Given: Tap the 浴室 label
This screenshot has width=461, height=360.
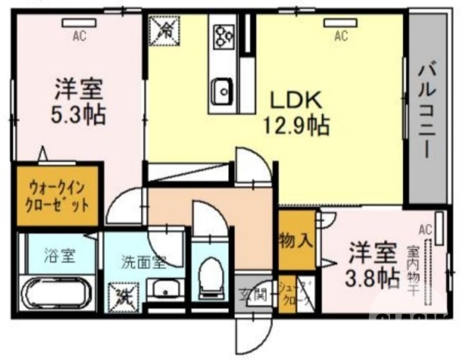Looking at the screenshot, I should [x=59, y=255].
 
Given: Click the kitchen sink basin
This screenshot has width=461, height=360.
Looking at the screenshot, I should [x=221, y=91].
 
